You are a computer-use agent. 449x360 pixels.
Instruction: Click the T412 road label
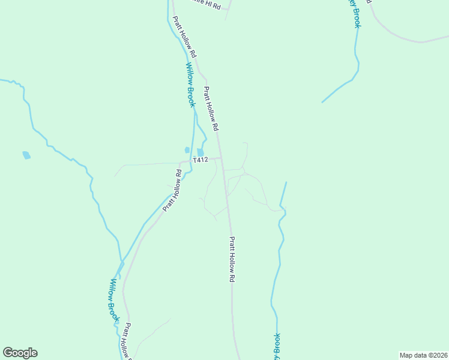point(200,160)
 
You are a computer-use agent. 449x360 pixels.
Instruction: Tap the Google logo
point(20,353)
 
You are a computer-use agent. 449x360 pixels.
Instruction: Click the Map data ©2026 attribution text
point(423,355)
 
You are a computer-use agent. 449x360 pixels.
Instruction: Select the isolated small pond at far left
point(26,155)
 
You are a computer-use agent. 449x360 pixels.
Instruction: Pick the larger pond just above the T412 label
point(200,152)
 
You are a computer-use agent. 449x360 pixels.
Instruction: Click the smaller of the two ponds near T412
point(187,150)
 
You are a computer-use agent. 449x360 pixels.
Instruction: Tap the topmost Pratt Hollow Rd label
point(185,37)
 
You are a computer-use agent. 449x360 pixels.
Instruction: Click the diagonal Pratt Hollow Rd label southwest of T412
point(173,191)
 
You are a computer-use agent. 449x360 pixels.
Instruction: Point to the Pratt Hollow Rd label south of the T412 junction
point(232,259)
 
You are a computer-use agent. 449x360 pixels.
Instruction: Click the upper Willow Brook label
point(190,85)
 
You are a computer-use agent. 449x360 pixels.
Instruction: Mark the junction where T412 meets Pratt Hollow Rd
point(221,158)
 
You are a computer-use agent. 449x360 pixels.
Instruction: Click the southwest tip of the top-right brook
point(322,102)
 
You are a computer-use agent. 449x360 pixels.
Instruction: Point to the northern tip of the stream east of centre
point(286,182)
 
